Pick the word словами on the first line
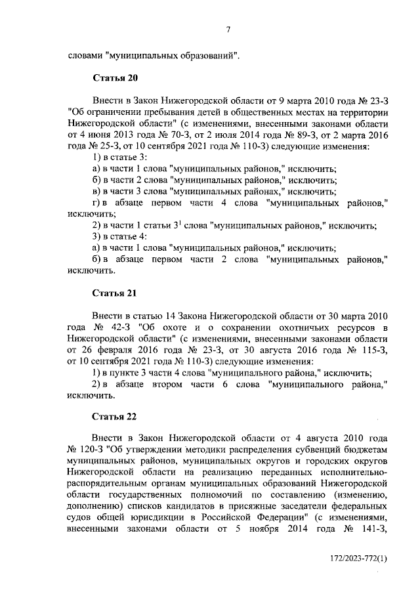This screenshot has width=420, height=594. coord(85,55)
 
